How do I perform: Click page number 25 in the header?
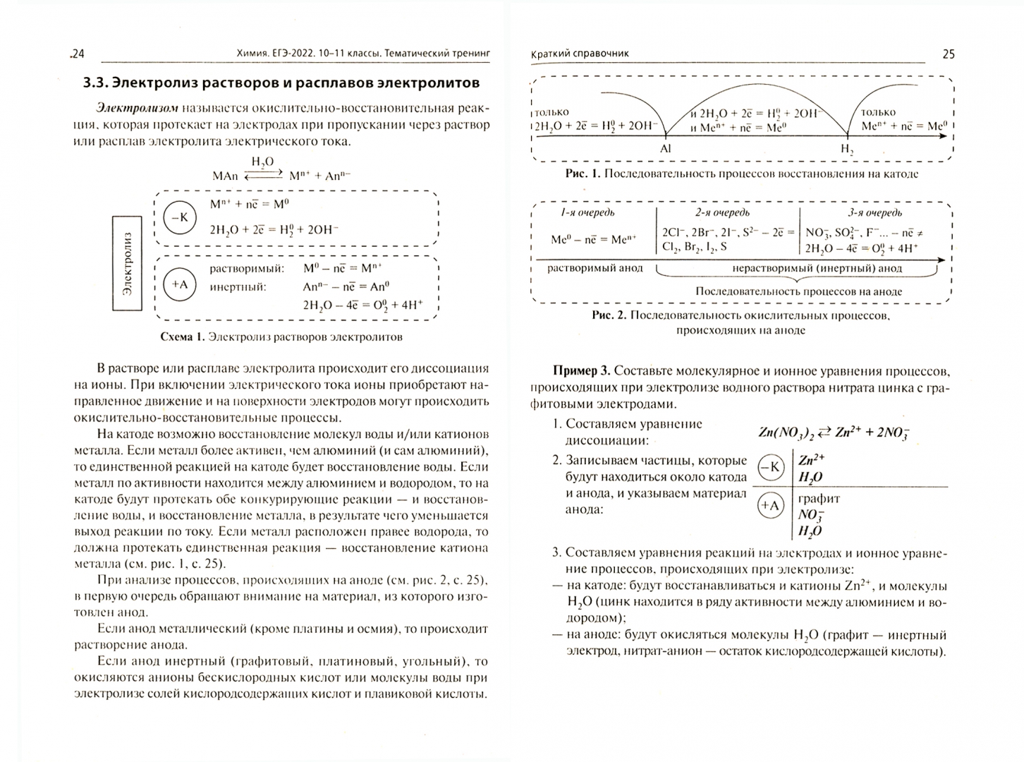(x=949, y=54)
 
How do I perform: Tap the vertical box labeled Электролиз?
(x=127, y=264)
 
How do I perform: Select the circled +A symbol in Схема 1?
(x=180, y=284)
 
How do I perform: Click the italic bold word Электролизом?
(x=138, y=108)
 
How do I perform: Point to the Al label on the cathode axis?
(x=666, y=149)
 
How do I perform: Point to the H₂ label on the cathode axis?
(x=846, y=149)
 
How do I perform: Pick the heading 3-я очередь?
(x=874, y=212)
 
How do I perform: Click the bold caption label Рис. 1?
(x=583, y=174)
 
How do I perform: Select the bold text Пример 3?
(x=582, y=371)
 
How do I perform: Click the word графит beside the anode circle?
(x=819, y=499)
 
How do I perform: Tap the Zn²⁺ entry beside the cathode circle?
(x=812, y=459)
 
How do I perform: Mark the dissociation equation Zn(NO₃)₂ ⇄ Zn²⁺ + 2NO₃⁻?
(x=834, y=433)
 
